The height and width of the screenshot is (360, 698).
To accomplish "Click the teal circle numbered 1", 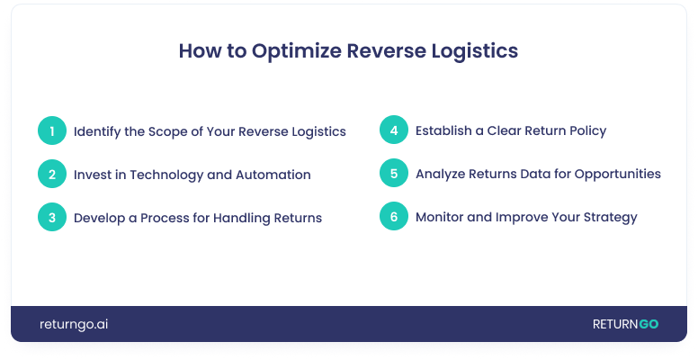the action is [52, 130].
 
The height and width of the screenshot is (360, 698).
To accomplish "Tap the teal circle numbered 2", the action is [52, 174].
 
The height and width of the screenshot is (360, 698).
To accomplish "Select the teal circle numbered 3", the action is [52, 217].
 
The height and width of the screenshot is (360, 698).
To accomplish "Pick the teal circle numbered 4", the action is [394, 130].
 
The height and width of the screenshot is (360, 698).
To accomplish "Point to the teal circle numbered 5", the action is [394, 173].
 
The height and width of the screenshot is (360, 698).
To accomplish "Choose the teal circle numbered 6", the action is [394, 216].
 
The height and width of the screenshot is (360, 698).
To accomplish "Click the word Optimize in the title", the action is [297, 51].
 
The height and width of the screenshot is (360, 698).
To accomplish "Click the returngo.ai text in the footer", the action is [74, 324].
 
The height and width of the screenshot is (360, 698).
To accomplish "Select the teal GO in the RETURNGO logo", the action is [649, 324].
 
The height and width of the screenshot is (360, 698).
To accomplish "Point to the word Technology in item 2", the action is [166, 175].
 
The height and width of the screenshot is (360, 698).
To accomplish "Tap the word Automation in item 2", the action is [273, 175].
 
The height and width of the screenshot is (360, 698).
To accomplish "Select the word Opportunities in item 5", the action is [617, 175].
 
